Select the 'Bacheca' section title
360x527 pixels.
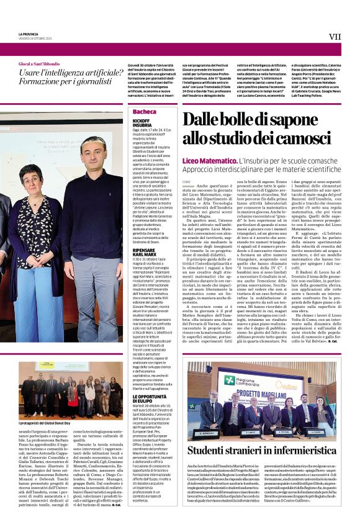pyautogui.click(x=145, y=112)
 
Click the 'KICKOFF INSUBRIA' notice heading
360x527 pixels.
pyautogui.click(x=142, y=122)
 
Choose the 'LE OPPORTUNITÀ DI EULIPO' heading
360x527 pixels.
pyautogui.click(x=148, y=397)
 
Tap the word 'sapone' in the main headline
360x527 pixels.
pyautogui.click(x=304, y=119)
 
